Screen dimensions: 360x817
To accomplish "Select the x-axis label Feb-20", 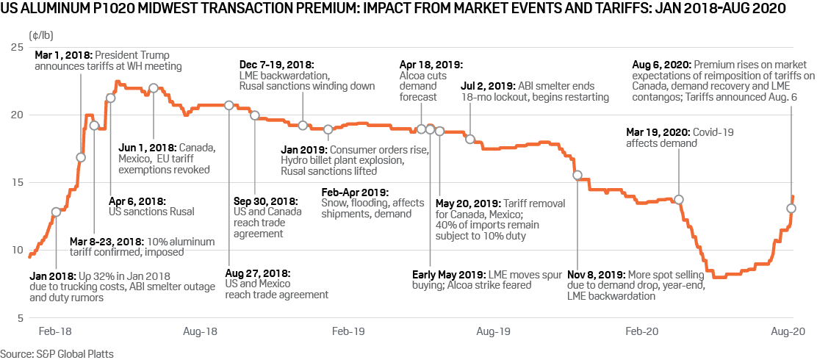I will click(641, 332).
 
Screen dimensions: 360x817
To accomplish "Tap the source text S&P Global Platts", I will click(57, 353).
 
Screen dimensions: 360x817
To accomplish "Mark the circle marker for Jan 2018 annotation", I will click(56, 212).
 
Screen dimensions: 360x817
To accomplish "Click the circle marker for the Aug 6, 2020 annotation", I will click(791, 208).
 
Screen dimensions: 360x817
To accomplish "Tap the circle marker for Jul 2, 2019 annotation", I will click(470, 140).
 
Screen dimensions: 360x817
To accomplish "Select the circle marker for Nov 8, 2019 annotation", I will click(577, 175).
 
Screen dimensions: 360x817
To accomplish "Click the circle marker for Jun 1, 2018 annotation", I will click(154, 88).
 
